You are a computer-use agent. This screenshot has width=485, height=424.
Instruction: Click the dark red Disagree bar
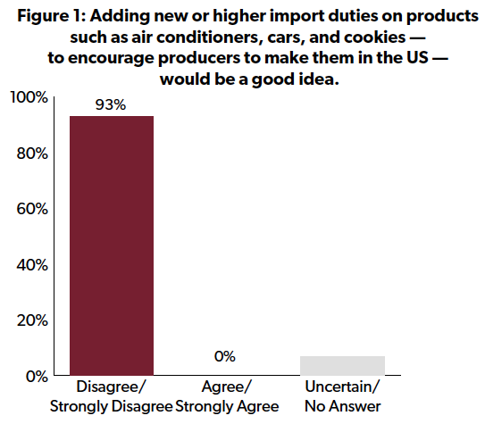pyautogui.click(x=112, y=245)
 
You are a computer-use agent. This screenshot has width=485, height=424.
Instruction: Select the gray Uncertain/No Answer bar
pyautogui.click(x=342, y=366)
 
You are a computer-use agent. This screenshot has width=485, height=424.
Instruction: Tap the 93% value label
pyautogui.click(x=111, y=105)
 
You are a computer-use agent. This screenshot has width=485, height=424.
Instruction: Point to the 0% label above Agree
pyautogui.click(x=225, y=357)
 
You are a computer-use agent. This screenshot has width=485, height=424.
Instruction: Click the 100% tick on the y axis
pyautogui.click(x=29, y=97)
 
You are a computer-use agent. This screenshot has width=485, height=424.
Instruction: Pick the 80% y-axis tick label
pyautogui.click(x=32, y=154)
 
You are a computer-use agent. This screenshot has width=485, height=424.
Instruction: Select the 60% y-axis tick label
pyautogui.click(x=32, y=209)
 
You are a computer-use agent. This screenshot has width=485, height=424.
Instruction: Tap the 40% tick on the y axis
pyautogui.click(x=32, y=265)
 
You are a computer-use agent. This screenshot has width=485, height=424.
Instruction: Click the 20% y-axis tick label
pyautogui.click(x=32, y=320)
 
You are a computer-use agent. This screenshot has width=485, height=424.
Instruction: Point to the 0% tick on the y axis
pyautogui.click(x=38, y=377)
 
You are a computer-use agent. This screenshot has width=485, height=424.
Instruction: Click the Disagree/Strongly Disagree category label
pyautogui.click(x=112, y=397)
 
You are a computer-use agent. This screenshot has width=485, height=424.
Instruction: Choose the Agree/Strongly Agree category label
pyautogui.click(x=227, y=397)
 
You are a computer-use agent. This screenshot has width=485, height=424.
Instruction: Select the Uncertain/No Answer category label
pyautogui.click(x=343, y=397)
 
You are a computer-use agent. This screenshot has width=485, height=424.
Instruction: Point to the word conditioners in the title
pyautogui.click(x=210, y=37)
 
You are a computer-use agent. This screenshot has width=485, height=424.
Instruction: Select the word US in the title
pyautogui.click(x=418, y=58)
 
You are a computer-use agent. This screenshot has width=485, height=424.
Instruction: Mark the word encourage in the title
pyautogui.click(x=111, y=59)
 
